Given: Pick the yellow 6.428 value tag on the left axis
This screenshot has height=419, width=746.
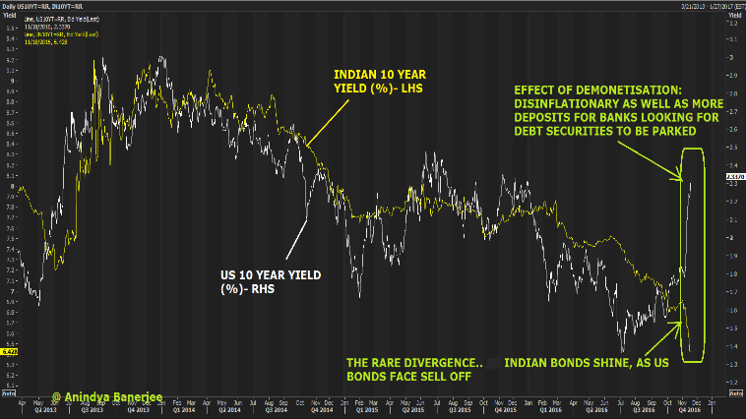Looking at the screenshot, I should coord(7,350).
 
